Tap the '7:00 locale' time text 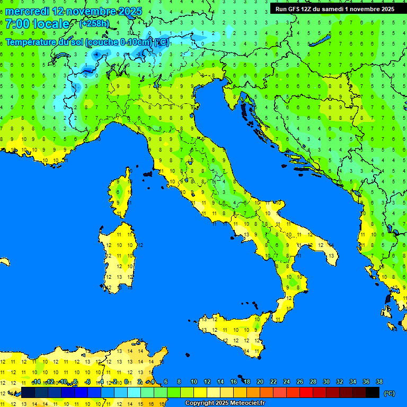[37, 24]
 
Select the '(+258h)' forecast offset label [94, 24]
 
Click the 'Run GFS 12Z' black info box [334, 9]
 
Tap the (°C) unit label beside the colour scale [389, 393]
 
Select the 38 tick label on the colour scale [379, 382]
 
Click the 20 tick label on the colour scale [260, 382]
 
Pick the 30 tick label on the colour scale [326, 382]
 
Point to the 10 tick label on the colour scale [193, 382]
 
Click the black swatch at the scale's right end [373, 393]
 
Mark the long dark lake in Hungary [321, 41]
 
